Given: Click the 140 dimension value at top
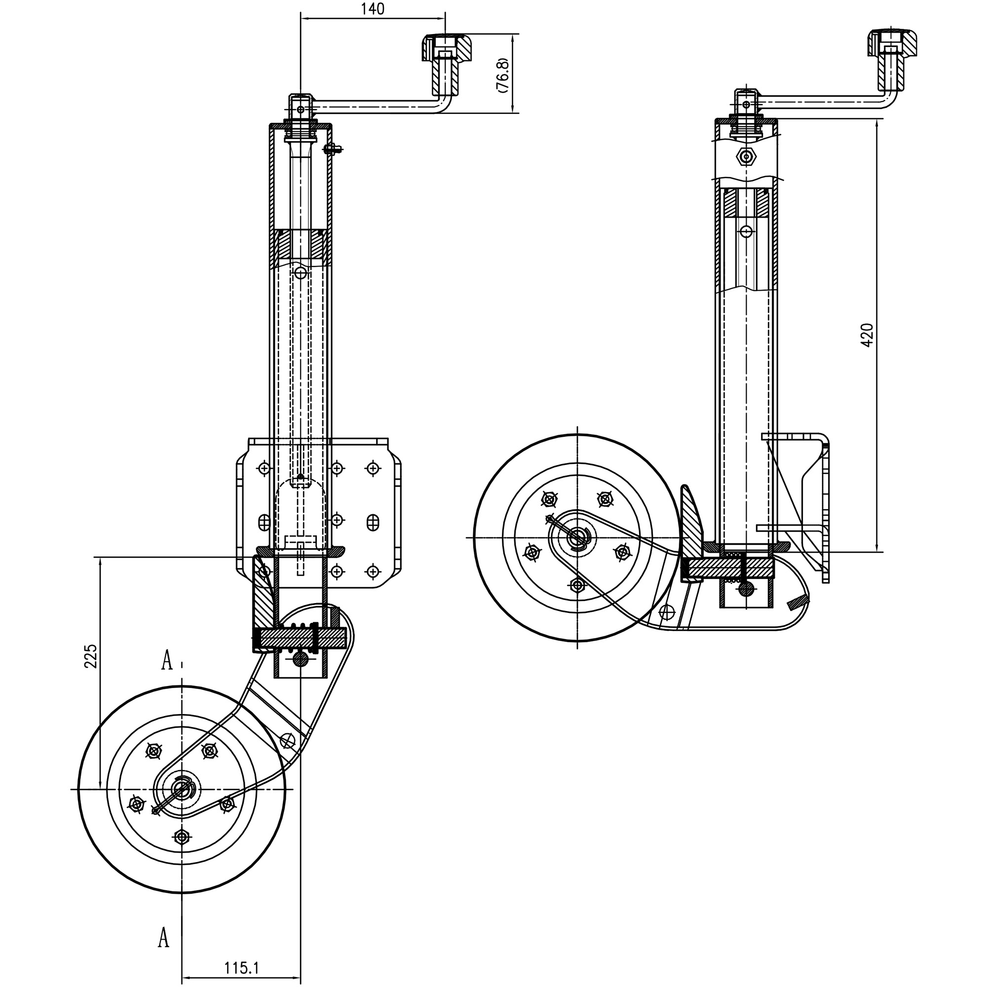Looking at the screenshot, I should tap(372, 9).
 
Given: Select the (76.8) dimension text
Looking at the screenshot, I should tap(502, 75).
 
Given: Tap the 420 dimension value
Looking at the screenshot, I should tap(867, 335).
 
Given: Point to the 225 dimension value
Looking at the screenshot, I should tap(90, 656).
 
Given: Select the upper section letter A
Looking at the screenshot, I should tap(166, 660).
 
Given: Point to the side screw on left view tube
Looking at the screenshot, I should tap(332, 149).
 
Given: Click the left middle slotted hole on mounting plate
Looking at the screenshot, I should tap(264, 522).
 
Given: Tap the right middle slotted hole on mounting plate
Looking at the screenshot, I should tap(373, 522).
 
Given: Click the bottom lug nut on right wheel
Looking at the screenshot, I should tap(577, 585).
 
